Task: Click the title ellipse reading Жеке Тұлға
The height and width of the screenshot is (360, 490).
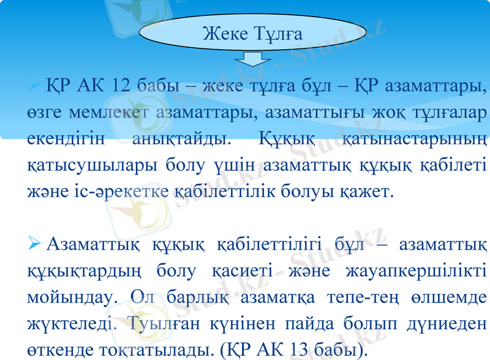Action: [x=252, y=34]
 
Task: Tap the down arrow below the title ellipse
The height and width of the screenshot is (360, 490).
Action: [x=252, y=59]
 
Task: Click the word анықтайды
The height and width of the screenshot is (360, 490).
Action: [x=181, y=139]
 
